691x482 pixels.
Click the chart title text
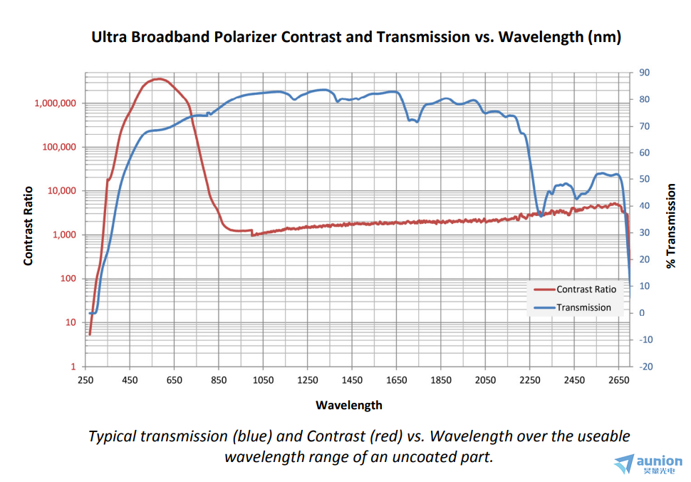point(356,36)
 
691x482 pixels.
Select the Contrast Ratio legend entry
point(575,289)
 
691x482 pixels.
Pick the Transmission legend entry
point(573,307)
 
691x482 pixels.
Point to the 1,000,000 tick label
point(55,103)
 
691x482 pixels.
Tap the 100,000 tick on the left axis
point(59,147)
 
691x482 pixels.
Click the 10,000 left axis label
point(62,190)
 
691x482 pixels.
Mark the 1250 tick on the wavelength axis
point(308,380)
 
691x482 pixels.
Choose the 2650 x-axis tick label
point(619,380)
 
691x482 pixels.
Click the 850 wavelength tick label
point(219,380)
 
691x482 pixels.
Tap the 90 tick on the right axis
point(644,72)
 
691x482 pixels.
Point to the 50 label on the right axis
point(644,179)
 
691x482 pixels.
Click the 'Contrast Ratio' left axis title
point(28,226)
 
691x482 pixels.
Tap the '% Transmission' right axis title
point(671,226)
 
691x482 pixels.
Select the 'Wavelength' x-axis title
point(349,405)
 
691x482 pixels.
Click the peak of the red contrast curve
point(160,79)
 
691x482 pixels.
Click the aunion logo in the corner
point(648,464)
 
